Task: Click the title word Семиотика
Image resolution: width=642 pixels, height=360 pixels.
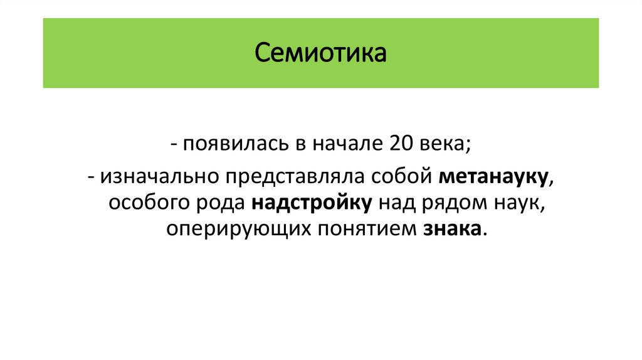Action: pyautogui.click(x=320, y=53)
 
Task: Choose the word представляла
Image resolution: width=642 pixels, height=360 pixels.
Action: pyautogui.click(x=288, y=176)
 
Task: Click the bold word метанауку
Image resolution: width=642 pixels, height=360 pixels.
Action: pyautogui.click(x=494, y=176)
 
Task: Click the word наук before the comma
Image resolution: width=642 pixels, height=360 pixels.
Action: pyautogui.click(x=519, y=203)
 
